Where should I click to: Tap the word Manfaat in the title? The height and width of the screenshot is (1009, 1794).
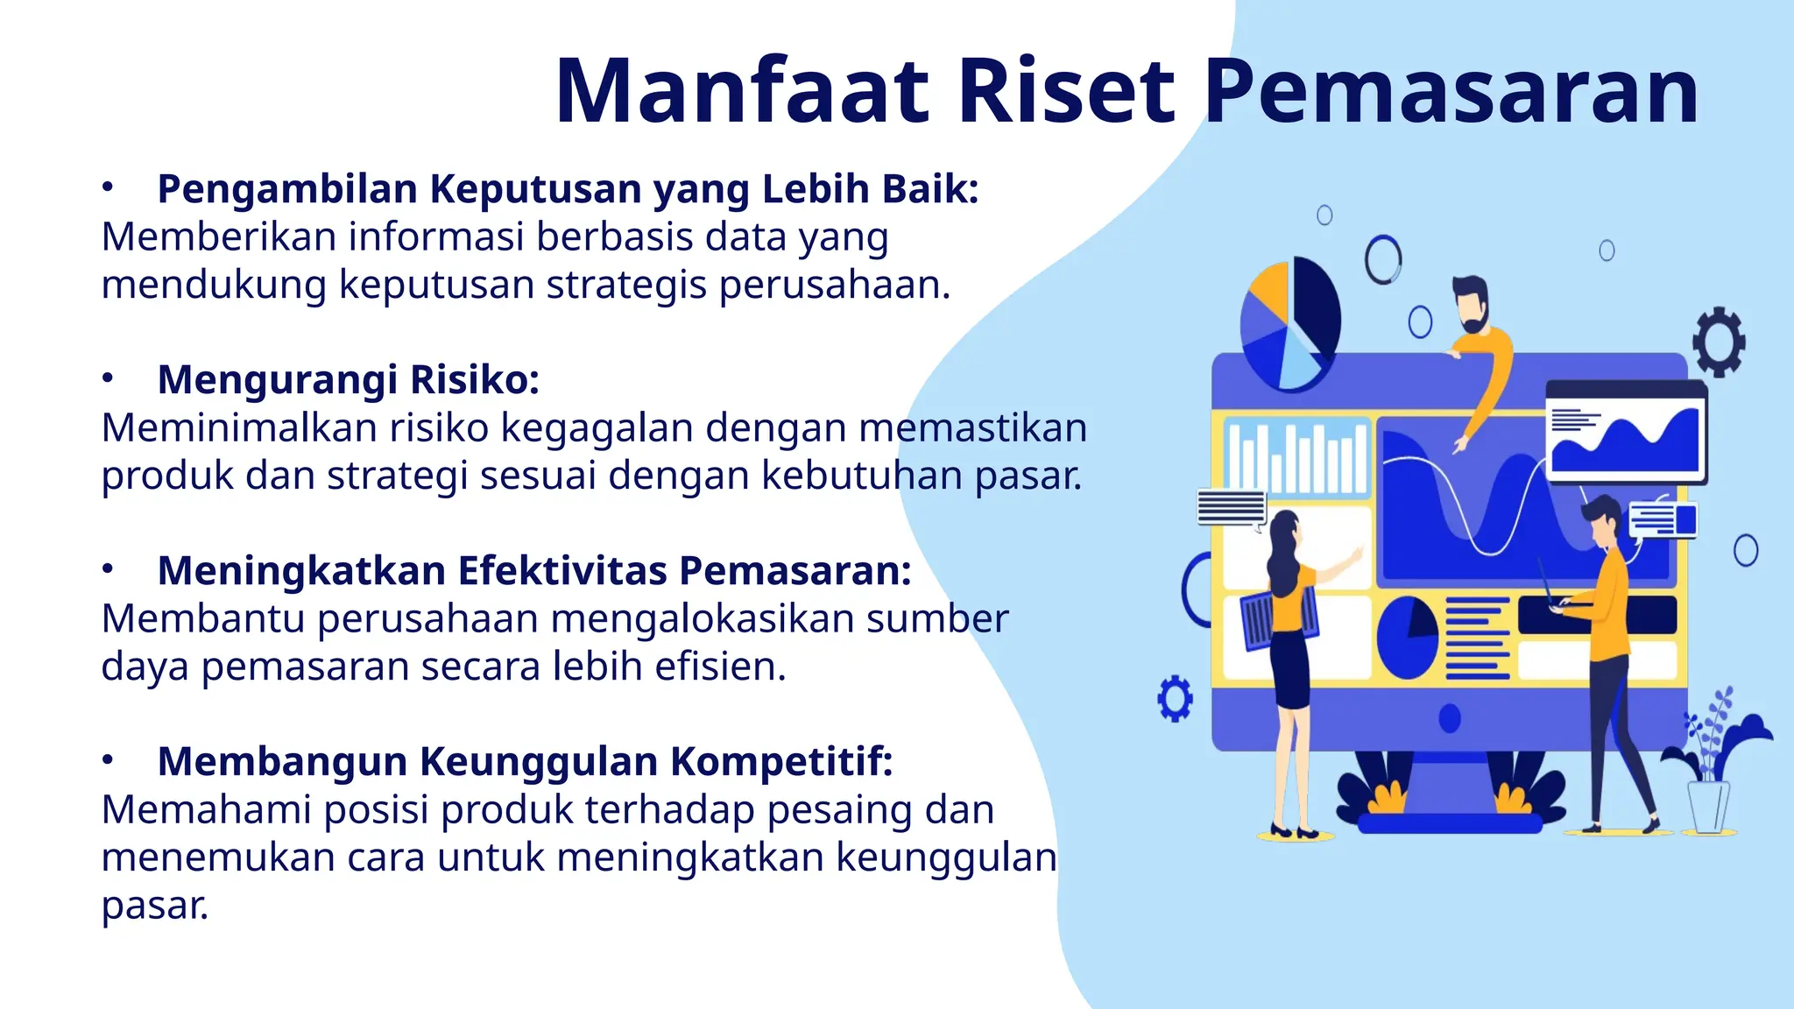(x=742, y=92)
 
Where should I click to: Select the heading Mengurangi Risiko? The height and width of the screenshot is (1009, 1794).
(x=348, y=380)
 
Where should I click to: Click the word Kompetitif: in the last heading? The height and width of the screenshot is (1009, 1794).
(x=781, y=761)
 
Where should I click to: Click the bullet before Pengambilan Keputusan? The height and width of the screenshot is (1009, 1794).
(x=108, y=187)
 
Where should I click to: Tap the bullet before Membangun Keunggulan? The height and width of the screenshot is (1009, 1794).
(x=108, y=760)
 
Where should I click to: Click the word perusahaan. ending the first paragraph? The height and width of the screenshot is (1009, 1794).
(x=835, y=286)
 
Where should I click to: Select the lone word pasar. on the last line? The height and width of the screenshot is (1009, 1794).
(x=155, y=906)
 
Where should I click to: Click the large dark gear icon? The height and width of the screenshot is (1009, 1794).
(x=1719, y=342)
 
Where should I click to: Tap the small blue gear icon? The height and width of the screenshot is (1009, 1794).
(x=1175, y=698)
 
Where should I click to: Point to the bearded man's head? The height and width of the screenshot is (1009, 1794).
(x=1472, y=303)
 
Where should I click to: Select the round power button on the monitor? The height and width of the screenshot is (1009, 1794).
(x=1450, y=718)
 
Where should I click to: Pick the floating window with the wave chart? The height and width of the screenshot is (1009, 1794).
(x=1626, y=432)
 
